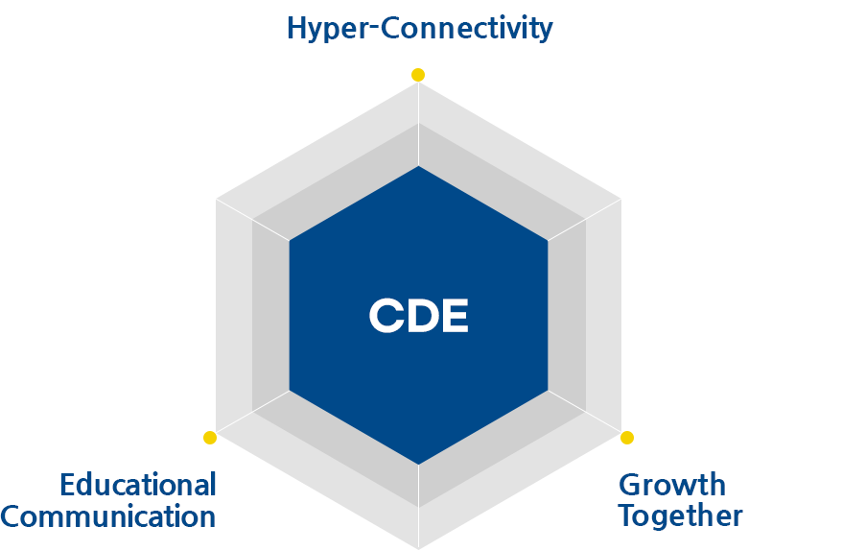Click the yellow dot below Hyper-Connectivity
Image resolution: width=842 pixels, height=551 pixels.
pos(418,75)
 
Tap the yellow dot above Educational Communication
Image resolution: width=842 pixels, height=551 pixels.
pos(210,438)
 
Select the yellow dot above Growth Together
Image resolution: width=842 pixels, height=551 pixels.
pos(626,438)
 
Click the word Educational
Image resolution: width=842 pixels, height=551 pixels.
pos(138,485)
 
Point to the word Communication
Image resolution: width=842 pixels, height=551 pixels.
pos(108,516)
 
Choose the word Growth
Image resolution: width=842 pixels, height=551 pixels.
pos(671,485)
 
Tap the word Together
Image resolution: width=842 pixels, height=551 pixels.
pos(680,516)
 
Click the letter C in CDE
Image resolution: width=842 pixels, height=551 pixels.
pos(386,316)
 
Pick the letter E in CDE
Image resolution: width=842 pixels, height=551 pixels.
pos(455,316)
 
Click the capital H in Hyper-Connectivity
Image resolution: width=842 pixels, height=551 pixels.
pos(296,28)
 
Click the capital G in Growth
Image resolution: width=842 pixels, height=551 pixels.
pos(630,485)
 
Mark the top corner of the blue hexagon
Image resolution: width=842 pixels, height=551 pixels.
pos(418,166)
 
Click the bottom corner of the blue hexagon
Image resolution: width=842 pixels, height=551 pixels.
pos(418,465)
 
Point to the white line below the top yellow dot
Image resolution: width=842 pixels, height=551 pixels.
pos(418,124)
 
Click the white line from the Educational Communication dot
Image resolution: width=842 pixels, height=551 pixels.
pos(252,413)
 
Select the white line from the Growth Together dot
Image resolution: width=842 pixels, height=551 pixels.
pos(585,413)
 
